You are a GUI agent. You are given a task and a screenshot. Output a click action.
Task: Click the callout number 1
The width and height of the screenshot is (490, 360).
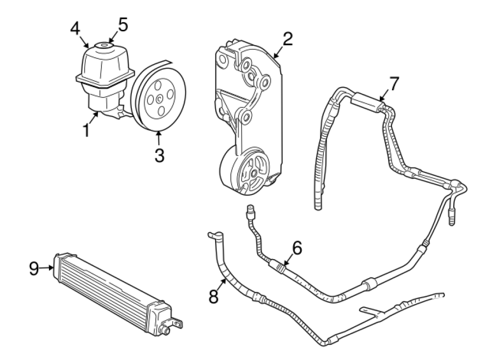(x=87, y=130)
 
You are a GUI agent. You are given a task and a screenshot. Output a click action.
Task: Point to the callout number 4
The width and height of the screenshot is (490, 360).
(x=75, y=28)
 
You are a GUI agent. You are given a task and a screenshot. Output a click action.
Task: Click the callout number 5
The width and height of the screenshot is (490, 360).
(x=123, y=24)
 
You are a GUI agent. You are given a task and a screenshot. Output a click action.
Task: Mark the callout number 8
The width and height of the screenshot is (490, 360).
(x=213, y=297)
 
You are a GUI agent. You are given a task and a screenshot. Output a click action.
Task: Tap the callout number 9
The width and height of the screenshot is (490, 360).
(x=33, y=268)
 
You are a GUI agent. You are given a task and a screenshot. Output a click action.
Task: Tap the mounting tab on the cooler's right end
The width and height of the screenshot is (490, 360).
(x=177, y=324)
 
